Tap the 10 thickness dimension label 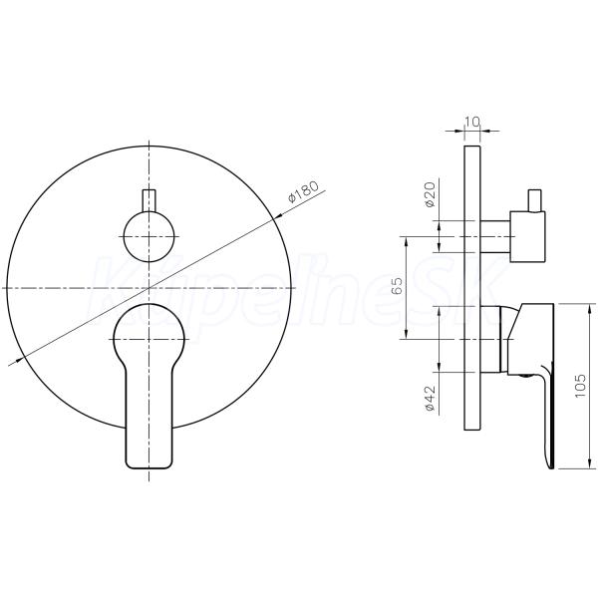click(x=471, y=122)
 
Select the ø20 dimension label click(x=430, y=194)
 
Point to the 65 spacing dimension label click(x=397, y=285)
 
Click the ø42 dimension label click(x=430, y=398)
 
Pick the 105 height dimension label click(x=580, y=386)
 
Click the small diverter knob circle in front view click(x=149, y=237)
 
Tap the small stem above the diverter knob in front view click(x=149, y=200)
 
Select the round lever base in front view click(x=149, y=333)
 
